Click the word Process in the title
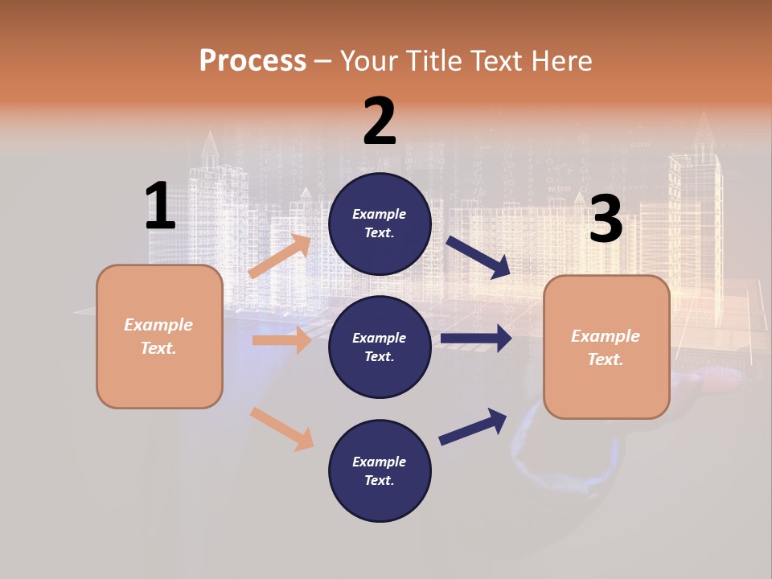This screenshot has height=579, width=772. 253,61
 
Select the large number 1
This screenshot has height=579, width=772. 160,206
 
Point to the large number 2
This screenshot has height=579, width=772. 380,121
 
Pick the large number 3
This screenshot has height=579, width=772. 606,220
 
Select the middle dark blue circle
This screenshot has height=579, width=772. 380,347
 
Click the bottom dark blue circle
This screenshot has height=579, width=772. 380,470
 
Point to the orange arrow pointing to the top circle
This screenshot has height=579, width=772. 280,257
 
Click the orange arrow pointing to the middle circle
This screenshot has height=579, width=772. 281,340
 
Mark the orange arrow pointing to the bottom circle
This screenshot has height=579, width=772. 281,428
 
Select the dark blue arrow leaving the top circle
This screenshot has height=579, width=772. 478,257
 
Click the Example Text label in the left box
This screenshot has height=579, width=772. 158,336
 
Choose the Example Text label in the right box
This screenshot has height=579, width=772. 606,347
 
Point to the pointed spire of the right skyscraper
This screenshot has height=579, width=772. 704,127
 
